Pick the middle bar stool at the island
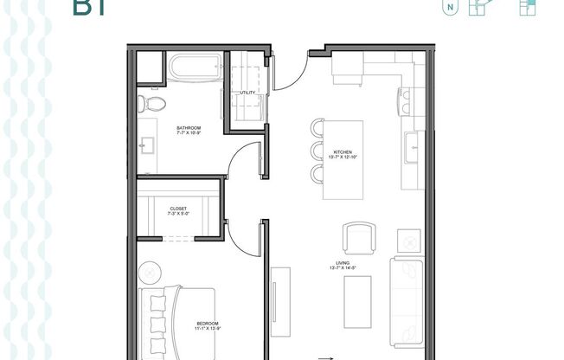coord(317,152)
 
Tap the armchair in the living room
coord(360,236)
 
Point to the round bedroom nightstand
coord(151,272)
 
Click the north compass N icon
coord(451,9)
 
